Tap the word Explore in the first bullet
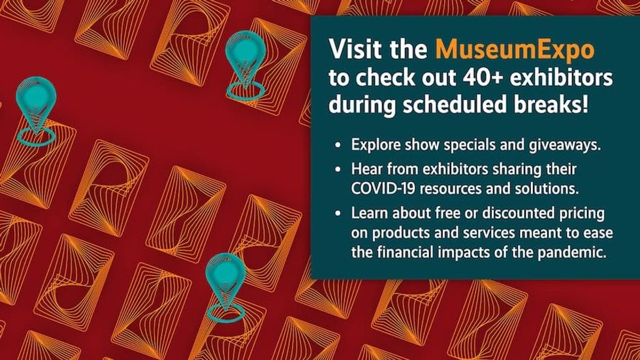pos(374,145)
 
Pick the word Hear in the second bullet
pos(365,170)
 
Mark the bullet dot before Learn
pos(337,214)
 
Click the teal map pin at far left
pos(36,105)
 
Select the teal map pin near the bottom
pos(225,281)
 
